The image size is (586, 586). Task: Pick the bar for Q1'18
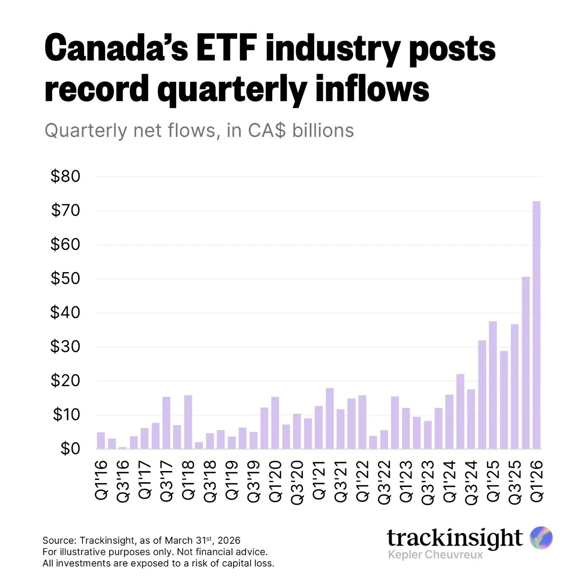pos(188,422)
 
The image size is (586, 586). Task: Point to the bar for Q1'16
pos(101,440)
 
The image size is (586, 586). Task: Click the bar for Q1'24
pos(449,421)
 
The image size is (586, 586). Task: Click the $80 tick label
pos(65,176)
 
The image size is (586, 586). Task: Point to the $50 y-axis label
pos(65,278)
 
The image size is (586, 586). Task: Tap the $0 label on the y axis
pos(70,448)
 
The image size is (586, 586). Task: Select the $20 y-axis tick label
pos(65,380)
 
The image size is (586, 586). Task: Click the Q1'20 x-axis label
pos(275,481)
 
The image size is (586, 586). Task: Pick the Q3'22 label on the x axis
pos(384,482)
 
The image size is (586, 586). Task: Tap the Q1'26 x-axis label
pos(537,481)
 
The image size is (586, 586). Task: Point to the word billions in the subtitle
pos(323,131)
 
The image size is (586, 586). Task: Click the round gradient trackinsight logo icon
pos(541,538)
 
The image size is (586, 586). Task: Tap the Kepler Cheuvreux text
pos(435,554)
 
